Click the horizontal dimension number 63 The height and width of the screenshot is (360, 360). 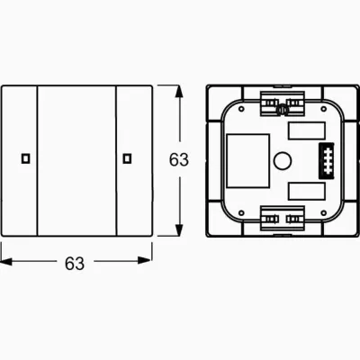75,264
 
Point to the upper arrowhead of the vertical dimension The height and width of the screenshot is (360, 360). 162,89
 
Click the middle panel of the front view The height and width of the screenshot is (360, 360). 76,160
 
